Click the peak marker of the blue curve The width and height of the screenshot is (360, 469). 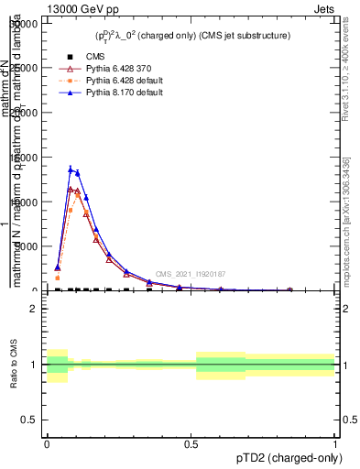point(71,169)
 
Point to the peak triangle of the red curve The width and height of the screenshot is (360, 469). point(71,190)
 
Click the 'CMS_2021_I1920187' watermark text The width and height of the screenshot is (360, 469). point(190,274)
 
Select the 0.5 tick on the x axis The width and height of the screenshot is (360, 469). point(191,442)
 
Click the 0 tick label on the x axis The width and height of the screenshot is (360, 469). point(47,442)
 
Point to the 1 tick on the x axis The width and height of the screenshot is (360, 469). point(335,442)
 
